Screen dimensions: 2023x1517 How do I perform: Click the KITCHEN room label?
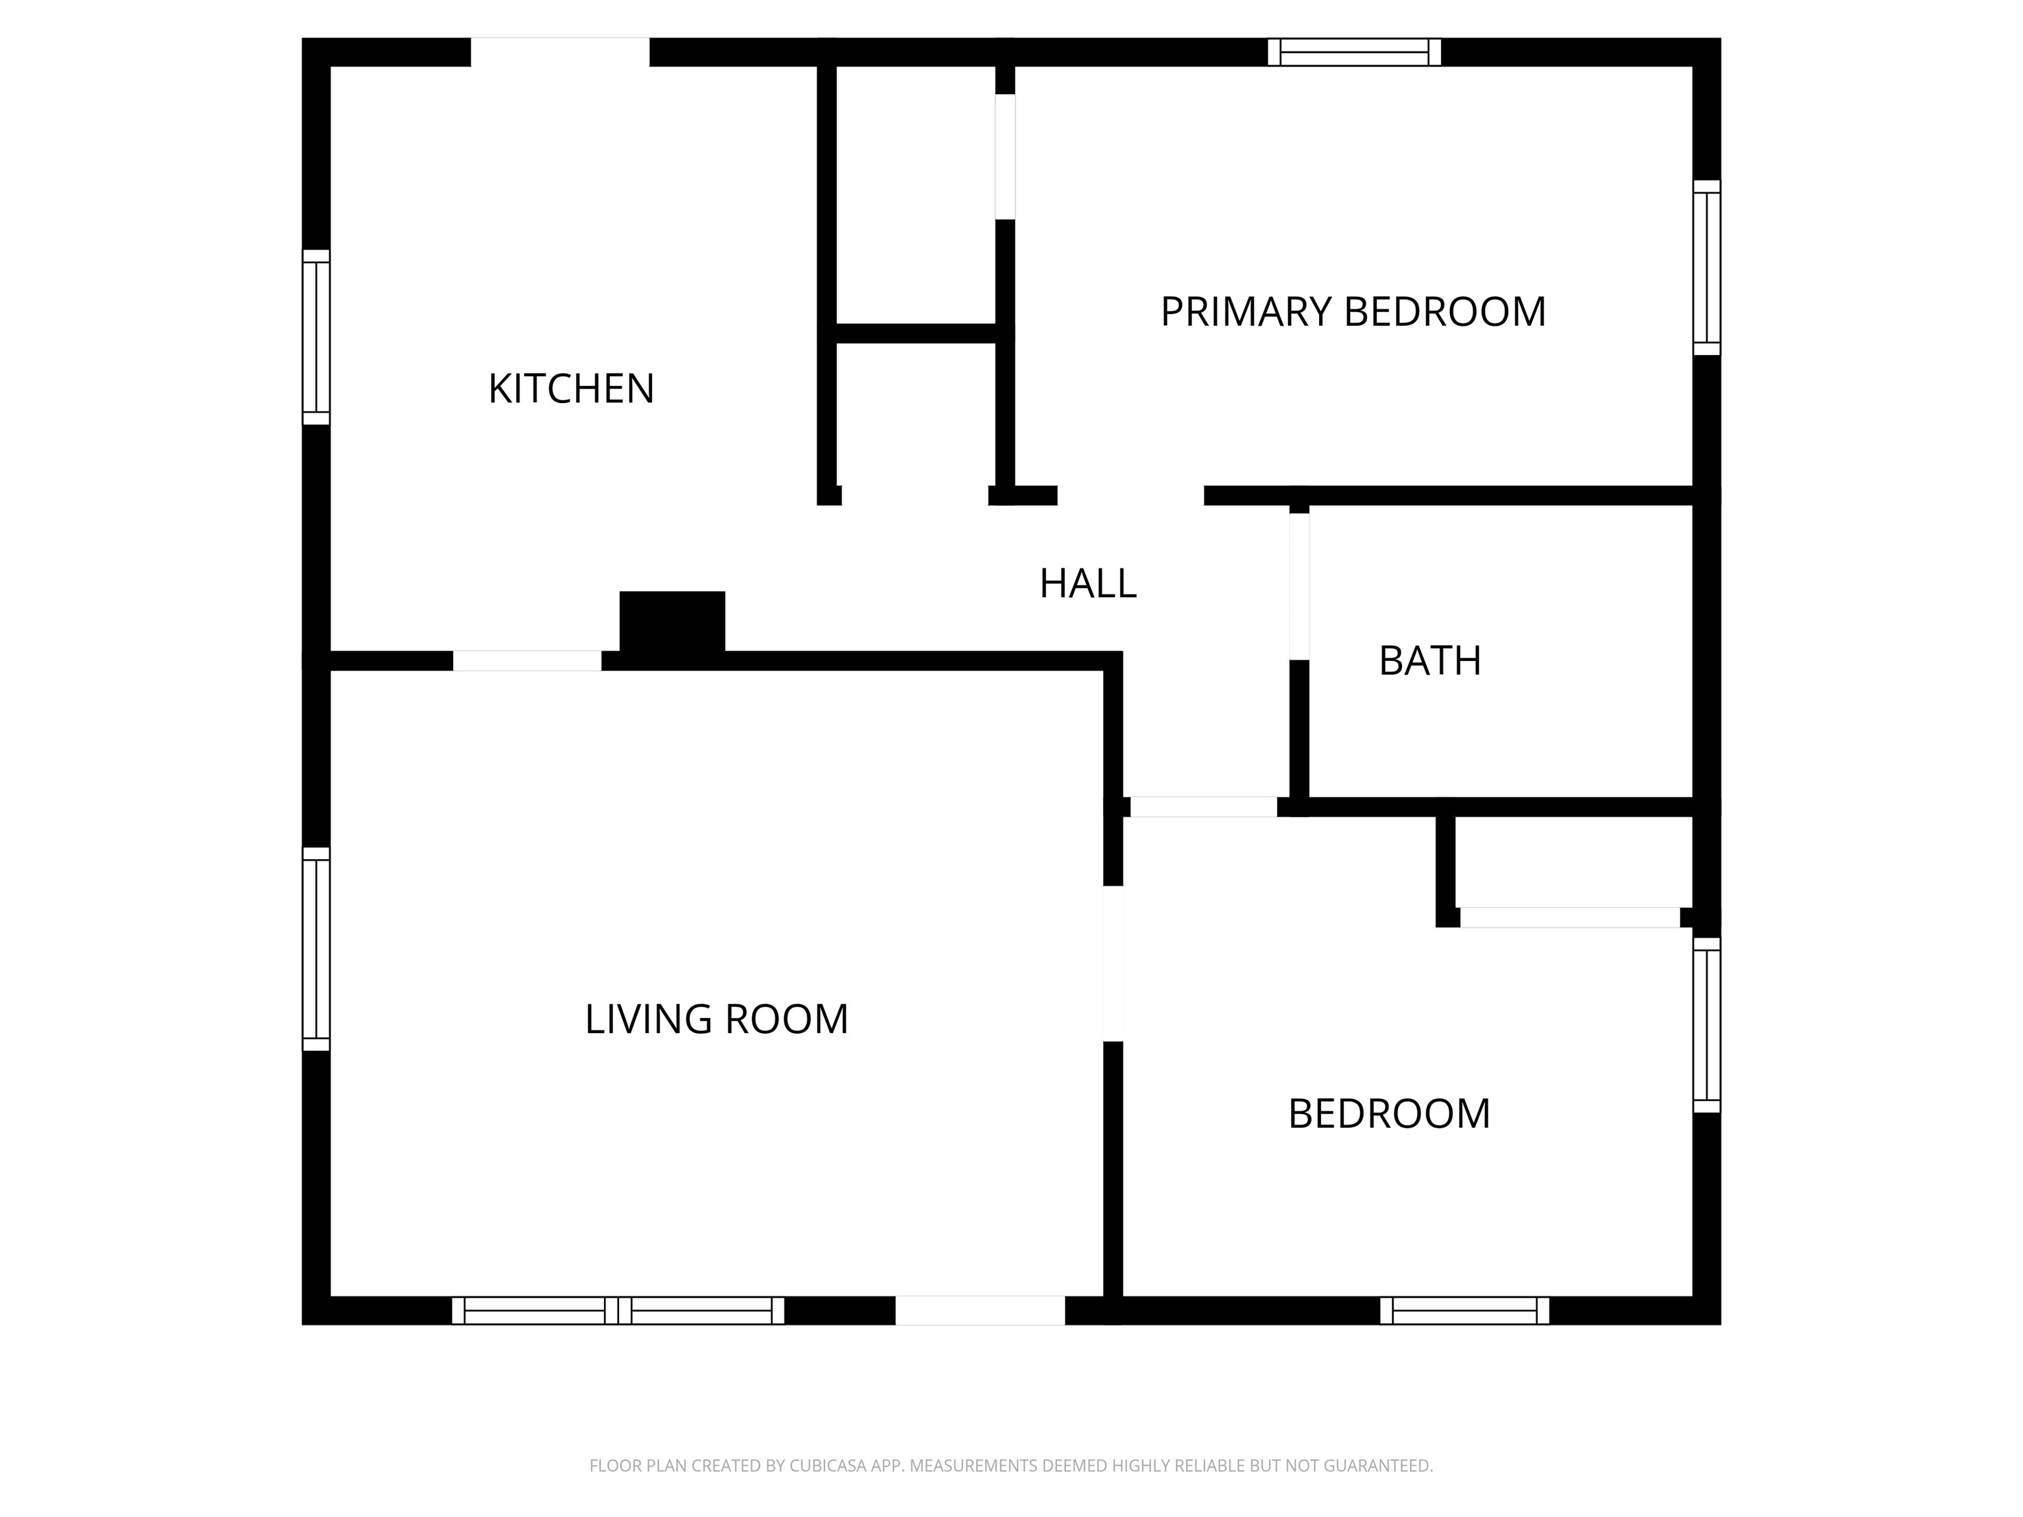click(572, 388)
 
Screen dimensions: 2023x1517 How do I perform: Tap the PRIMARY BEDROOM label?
click(1353, 312)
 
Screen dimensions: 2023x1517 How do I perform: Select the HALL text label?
click(1087, 583)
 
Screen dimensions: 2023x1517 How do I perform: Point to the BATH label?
click(1430, 661)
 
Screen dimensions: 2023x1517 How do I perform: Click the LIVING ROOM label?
click(716, 1019)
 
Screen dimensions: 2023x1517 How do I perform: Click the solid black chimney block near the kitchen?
click(672, 622)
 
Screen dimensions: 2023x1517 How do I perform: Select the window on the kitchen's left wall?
click(317, 337)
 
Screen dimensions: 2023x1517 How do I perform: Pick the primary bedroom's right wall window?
click(1706, 267)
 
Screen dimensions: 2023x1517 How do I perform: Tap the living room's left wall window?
click(317, 948)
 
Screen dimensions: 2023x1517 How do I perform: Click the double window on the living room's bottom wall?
click(618, 1310)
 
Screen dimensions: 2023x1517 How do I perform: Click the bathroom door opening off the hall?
click(1299, 586)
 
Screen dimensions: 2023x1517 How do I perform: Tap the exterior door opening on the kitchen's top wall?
click(560, 52)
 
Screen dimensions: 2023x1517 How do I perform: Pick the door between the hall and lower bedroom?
click(1204, 807)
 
